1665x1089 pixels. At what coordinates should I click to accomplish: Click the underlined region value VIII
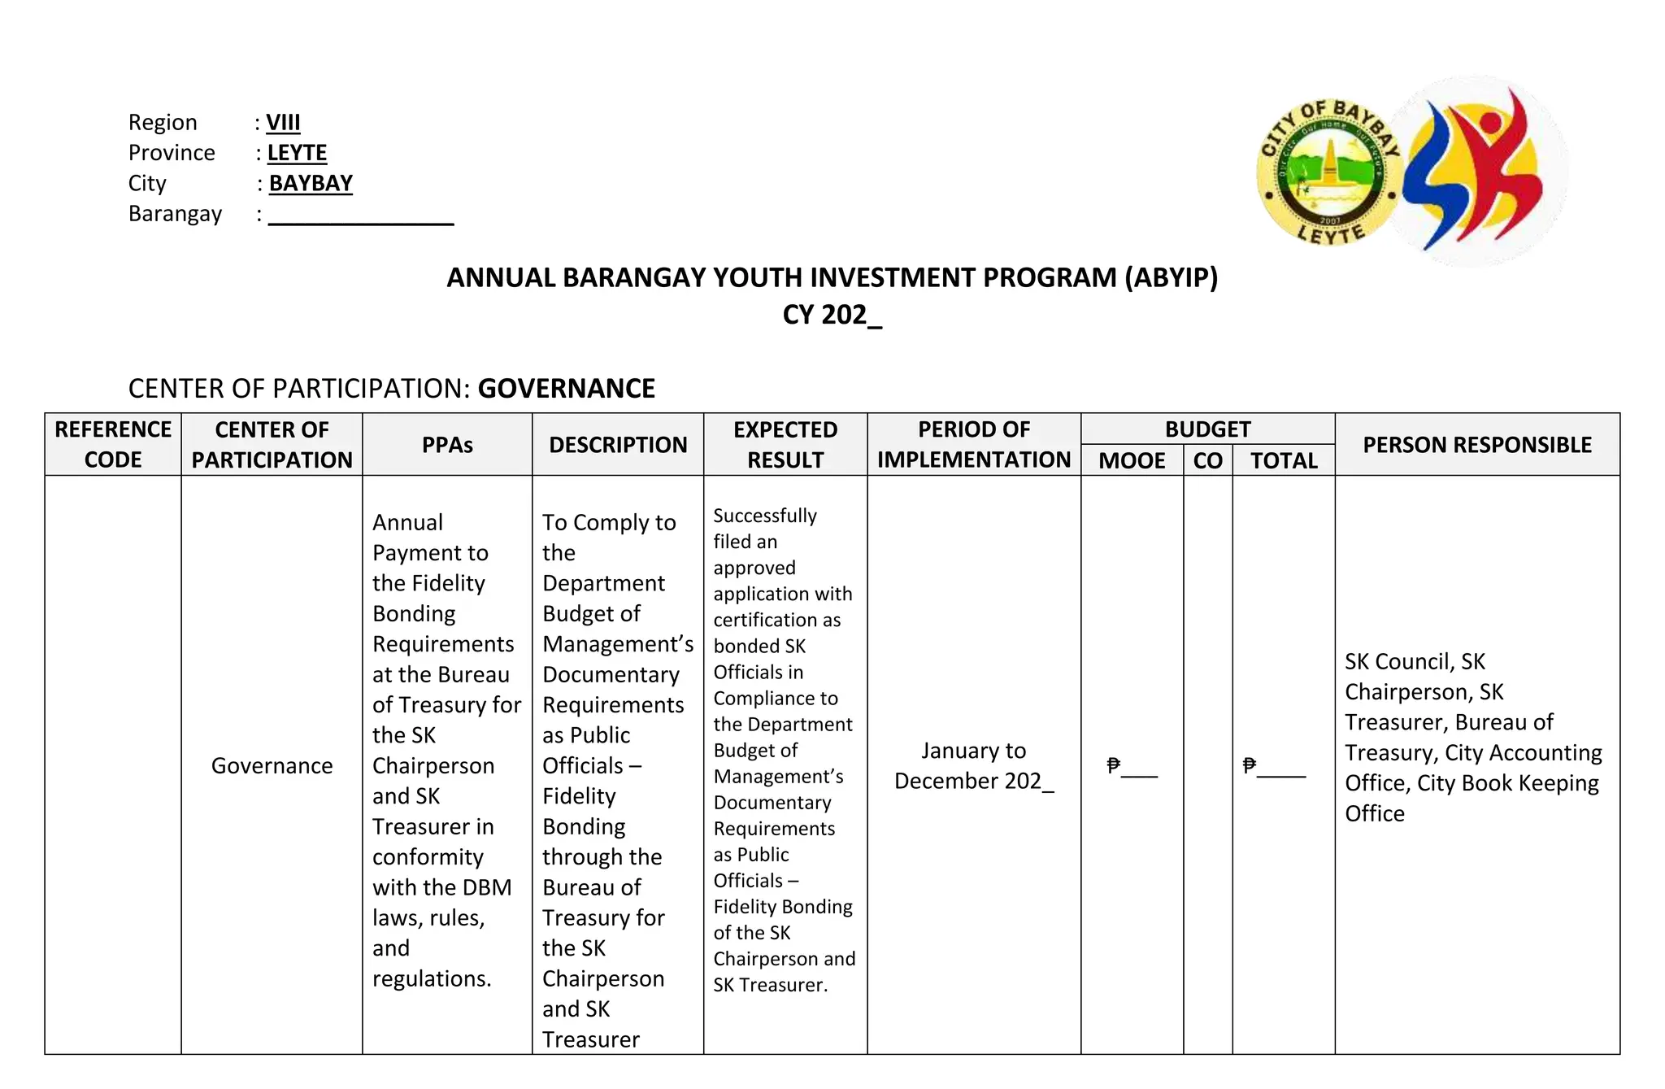[x=283, y=123]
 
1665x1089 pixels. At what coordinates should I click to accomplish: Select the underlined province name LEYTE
[x=297, y=153]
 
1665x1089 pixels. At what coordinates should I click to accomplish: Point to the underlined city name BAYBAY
[x=311, y=183]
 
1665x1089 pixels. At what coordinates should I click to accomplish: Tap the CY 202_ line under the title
[x=832, y=315]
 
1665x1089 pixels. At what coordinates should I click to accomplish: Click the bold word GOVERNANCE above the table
[x=566, y=389]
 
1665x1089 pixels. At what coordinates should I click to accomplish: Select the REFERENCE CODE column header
[x=113, y=444]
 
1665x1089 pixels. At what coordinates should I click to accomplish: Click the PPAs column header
[x=447, y=445]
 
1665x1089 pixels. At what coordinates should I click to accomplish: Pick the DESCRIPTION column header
[x=618, y=445]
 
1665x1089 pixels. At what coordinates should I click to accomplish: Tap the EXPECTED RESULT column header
[x=785, y=444]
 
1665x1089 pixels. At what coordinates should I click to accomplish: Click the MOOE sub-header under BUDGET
[x=1132, y=460]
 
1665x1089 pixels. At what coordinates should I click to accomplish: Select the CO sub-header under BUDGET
[x=1207, y=460]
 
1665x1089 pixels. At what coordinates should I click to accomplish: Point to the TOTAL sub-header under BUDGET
[x=1284, y=460]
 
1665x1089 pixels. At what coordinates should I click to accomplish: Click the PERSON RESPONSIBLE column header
[x=1477, y=445]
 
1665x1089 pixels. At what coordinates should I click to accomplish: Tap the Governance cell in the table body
[x=272, y=765]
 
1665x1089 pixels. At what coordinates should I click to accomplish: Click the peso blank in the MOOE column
[x=1132, y=766]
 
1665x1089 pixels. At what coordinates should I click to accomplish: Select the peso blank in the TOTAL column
[x=1274, y=766]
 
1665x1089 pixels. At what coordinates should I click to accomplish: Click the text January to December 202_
[x=974, y=765]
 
